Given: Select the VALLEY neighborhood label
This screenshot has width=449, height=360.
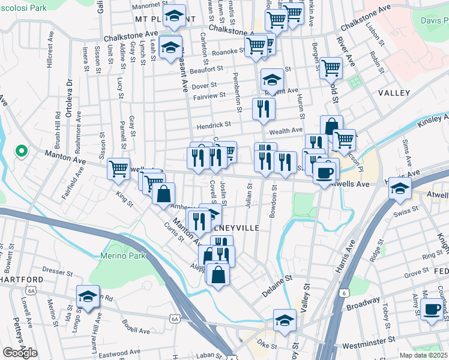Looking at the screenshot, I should pyautogui.click(x=394, y=93).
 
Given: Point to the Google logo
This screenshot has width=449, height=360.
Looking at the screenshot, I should pyautogui.click(x=20, y=353).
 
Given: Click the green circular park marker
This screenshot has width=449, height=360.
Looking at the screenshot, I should pyautogui.click(x=21, y=151).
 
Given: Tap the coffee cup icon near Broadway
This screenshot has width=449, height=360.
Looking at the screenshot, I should pyautogui.click(x=431, y=310).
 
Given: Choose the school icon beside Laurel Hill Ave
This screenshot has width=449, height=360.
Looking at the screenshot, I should pyautogui.click(x=88, y=296).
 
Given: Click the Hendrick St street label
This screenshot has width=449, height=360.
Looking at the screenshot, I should pyautogui.click(x=214, y=125).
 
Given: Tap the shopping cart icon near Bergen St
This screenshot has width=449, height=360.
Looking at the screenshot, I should pyautogui.click(x=331, y=68).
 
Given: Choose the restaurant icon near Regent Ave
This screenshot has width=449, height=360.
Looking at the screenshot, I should pyautogui.click(x=264, y=108).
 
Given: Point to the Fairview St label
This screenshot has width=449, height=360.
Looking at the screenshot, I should pyautogui.click(x=209, y=95).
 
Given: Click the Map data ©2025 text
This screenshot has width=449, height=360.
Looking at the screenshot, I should pyautogui.click(x=424, y=355).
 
